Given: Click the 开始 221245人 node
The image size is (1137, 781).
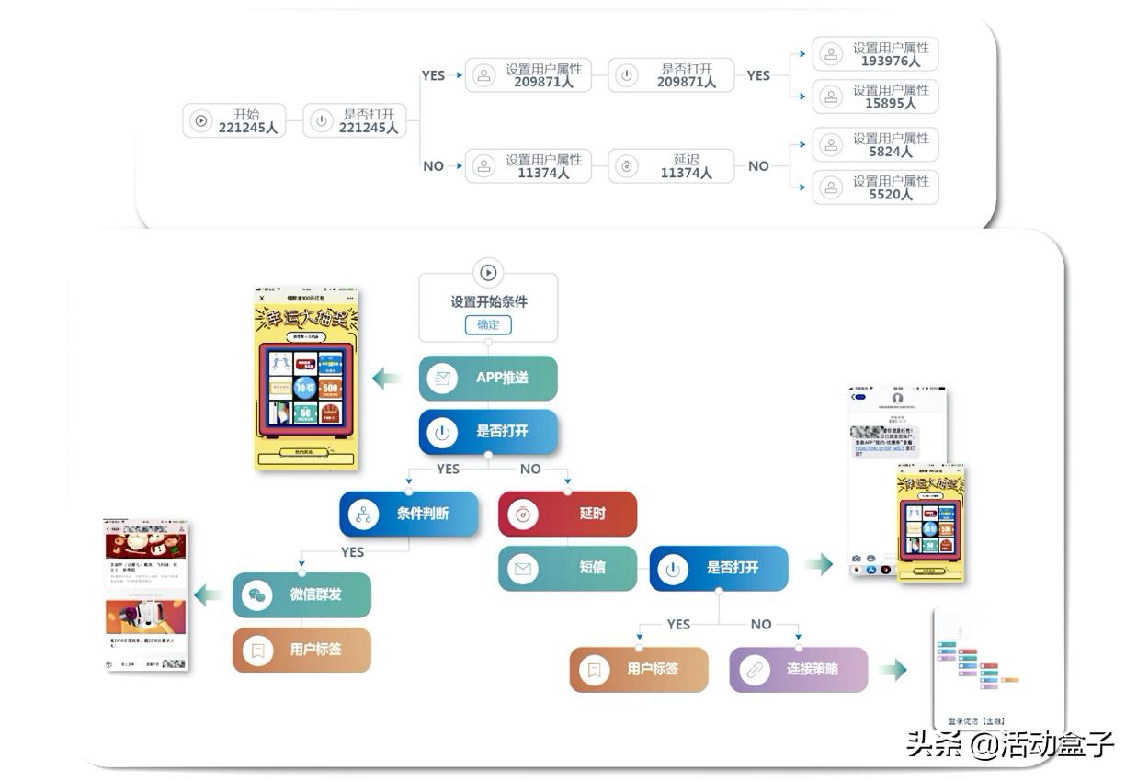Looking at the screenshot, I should [x=234, y=121].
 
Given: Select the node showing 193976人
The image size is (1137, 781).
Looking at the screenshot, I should [x=875, y=54].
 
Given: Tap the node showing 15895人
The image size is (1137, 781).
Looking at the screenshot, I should [x=875, y=96].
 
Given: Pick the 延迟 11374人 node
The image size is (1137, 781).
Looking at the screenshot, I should [x=672, y=166].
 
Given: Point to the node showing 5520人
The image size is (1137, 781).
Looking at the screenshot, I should [x=875, y=187].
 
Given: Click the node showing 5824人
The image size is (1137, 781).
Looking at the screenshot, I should [x=875, y=144].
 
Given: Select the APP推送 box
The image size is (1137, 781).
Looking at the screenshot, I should [x=488, y=378].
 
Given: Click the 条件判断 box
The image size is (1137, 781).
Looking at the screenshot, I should [x=409, y=514].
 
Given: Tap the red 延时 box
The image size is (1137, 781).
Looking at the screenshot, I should [x=567, y=514].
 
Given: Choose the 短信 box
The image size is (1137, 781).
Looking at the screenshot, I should [x=567, y=568].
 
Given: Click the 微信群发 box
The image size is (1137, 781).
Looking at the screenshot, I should [x=301, y=594].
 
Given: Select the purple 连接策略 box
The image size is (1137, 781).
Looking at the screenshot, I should [x=799, y=669].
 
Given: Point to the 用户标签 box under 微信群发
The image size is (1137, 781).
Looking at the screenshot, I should [x=301, y=650].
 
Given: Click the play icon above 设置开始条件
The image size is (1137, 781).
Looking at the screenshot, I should [x=488, y=272].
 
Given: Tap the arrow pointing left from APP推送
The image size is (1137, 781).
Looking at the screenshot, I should [x=387, y=378].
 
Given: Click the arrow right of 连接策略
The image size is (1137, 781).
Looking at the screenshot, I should [x=893, y=669].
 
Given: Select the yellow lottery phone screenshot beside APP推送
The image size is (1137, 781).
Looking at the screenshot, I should [x=306, y=379].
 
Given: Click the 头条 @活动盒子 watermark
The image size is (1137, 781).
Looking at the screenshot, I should [x=1009, y=743].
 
